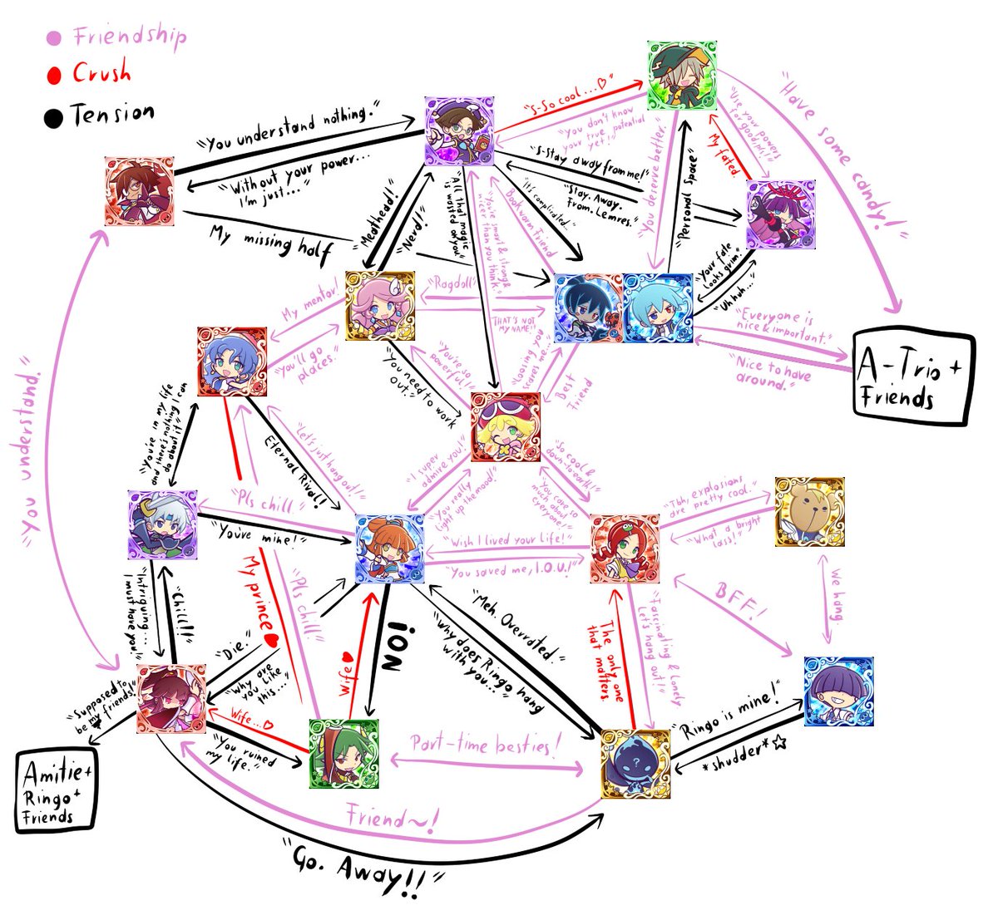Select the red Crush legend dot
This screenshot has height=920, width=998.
[55, 76]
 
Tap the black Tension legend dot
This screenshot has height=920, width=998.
[53, 117]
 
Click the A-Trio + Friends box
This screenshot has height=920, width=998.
[913, 379]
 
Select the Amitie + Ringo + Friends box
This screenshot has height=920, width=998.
[57, 790]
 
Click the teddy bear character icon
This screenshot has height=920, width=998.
[808, 511]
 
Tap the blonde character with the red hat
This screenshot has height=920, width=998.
[505, 426]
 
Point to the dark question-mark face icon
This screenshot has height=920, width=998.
[635, 764]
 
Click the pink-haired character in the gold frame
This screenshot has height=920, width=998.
[380, 305]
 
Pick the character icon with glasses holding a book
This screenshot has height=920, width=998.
[459, 130]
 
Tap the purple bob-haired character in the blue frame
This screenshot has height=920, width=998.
[837, 691]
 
